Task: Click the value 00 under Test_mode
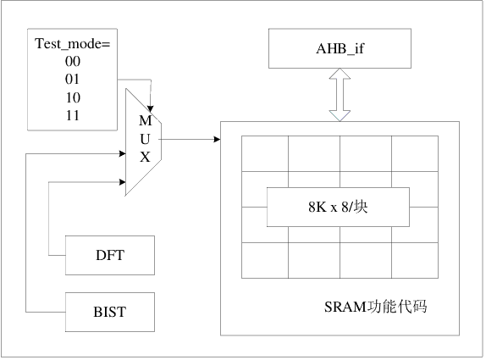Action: click(x=72, y=62)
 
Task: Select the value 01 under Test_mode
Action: click(x=72, y=79)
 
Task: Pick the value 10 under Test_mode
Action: click(x=72, y=97)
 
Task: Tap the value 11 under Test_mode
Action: click(x=72, y=114)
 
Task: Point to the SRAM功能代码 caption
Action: click(x=372, y=306)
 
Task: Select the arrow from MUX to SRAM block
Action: click(x=191, y=140)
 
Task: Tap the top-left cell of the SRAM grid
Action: click(x=264, y=153)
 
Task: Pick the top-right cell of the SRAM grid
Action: click(x=414, y=153)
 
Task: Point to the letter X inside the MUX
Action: click(x=145, y=157)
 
